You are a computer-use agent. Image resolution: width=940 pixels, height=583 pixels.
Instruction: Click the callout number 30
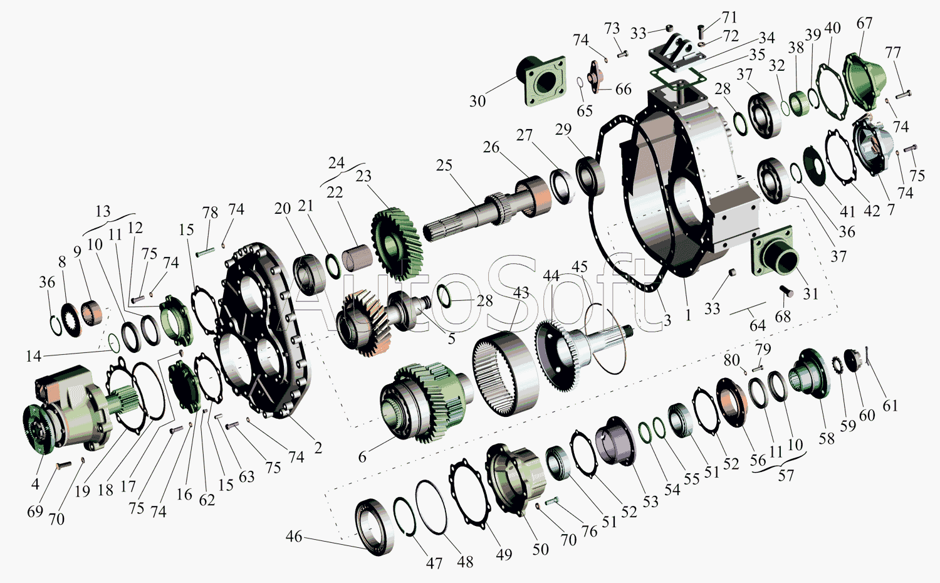477,101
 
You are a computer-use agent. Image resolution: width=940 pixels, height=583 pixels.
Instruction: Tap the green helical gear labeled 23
397,243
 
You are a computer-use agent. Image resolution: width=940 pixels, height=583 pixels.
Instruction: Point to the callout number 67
864,23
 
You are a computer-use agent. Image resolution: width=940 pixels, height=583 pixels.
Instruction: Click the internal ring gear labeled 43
506,374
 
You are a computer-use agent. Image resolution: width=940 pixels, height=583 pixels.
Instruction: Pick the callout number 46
294,537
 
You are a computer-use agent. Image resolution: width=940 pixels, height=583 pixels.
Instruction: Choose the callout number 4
35,484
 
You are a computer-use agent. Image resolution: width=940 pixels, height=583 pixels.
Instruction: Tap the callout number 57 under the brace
786,476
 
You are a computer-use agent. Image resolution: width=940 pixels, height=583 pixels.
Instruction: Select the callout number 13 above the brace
103,211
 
